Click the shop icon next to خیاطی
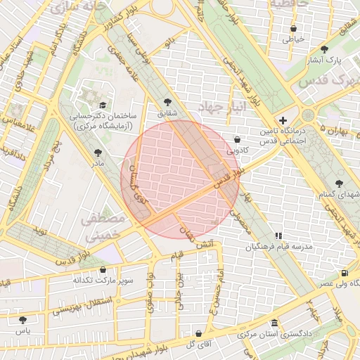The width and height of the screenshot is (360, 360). (x=293, y=29)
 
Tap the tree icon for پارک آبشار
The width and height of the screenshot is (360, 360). (x=323, y=49)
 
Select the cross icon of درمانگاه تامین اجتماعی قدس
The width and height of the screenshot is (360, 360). (x=283, y=120)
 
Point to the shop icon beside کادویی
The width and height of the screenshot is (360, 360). (x=236, y=139)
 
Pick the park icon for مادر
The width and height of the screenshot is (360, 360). (x=97, y=153)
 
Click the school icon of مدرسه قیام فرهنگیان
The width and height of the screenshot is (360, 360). (x=278, y=236)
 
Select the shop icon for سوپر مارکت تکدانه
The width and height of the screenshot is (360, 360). (x=103, y=269)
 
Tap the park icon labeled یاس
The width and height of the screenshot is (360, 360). (x=23, y=320)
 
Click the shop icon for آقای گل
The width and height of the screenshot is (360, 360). (x=198, y=333)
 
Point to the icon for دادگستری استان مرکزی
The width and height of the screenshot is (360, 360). (x=274, y=323)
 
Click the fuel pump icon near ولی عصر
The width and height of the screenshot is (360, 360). (x=344, y=273)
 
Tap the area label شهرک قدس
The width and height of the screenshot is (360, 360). (x=328, y=80)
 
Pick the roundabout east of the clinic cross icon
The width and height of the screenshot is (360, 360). (x=307, y=115)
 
